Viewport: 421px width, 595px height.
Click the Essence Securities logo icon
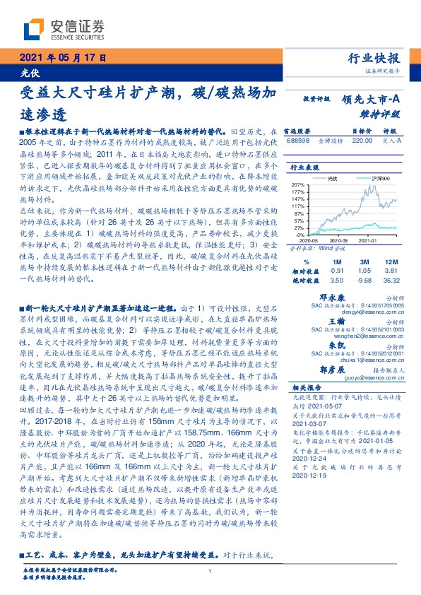[x=33, y=29]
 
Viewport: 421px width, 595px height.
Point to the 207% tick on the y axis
[x=297, y=184]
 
